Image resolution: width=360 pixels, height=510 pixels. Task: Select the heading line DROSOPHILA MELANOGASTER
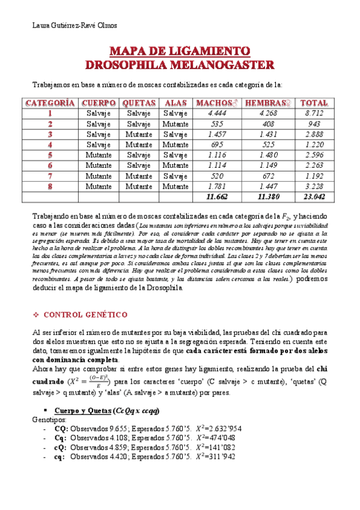pyautogui.click(x=180, y=64)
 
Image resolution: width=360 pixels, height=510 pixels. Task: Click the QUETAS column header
pyautogui.click(x=139, y=103)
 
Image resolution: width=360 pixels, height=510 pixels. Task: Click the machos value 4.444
pyautogui.click(x=216, y=114)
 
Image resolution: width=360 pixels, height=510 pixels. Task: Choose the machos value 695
pyautogui.click(x=216, y=144)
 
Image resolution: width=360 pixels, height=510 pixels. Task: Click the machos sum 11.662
pyautogui.click(x=216, y=197)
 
